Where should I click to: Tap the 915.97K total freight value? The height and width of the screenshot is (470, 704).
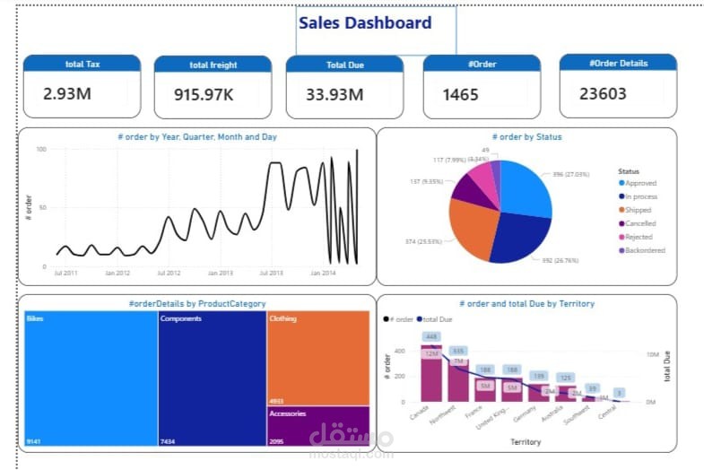[196, 94]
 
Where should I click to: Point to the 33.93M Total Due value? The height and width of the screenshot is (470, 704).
[335, 94]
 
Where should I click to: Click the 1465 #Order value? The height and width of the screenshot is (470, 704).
[461, 94]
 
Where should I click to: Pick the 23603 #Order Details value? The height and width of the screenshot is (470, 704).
[602, 93]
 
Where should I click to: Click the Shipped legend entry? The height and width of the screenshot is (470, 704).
[639, 210]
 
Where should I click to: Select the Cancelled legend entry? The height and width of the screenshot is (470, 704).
[640, 223]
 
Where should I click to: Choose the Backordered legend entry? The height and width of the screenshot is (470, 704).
[645, 250]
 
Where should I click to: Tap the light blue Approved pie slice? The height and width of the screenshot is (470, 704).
[526, 190]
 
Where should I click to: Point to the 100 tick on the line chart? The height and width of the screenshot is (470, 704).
[40, 149]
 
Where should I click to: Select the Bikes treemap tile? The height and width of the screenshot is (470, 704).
[88, 377]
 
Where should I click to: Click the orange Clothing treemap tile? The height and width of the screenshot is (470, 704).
[317, 357]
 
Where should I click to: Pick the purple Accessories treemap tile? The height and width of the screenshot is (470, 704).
[317, 426]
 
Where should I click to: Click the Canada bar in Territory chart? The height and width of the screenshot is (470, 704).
[431, 377]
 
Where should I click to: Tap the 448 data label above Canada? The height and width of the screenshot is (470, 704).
[431, 337]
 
